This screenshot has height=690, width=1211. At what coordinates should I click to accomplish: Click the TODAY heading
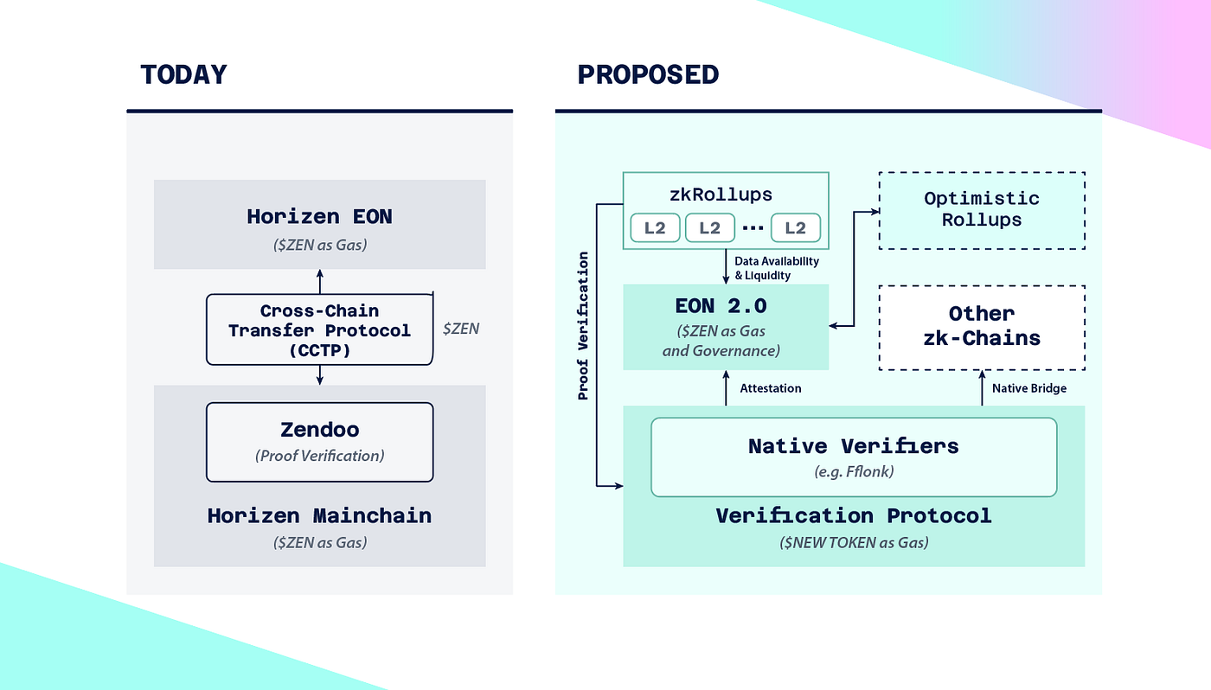point(183,75)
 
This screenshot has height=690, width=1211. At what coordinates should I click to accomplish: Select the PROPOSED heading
point(648,75)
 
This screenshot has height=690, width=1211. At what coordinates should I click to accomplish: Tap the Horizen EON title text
point(319,216)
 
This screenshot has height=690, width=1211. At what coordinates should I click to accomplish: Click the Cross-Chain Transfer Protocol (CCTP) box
point(319,329)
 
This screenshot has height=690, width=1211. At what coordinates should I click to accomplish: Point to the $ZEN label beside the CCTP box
point(460,329)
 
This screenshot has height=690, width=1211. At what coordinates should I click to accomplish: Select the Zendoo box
point(319,441)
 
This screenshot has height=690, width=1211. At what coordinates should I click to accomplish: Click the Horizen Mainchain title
point(319,516)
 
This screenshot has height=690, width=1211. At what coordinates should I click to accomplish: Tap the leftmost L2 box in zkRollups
point(655,227)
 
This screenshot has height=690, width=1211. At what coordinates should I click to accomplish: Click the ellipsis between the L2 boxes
point(751,228)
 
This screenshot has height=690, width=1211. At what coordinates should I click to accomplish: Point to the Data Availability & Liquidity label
point(776,268)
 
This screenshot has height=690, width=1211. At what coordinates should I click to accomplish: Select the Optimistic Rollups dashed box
point(982,210)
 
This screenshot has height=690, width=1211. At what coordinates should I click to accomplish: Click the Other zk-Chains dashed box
point(982,326)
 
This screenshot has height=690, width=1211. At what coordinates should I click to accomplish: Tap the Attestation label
point(770,388)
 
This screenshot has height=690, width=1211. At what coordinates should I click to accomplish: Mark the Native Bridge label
point(1028,388)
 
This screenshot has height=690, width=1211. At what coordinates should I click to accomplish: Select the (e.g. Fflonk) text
point(853,472)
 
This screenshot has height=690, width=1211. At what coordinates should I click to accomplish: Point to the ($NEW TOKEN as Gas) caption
point(853,542)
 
